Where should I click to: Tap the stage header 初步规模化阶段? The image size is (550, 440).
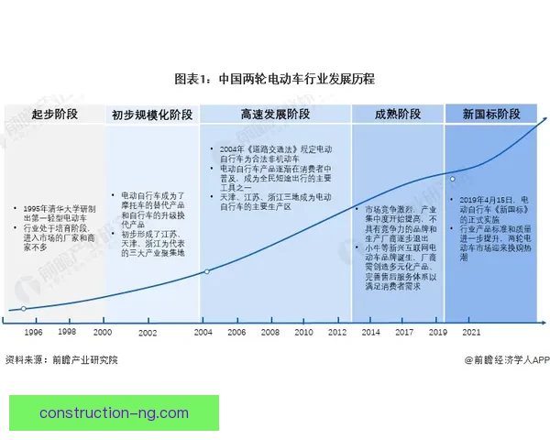[152, 115]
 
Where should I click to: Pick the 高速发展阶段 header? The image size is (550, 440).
[275, 115]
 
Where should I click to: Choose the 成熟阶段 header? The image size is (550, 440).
[398, 115]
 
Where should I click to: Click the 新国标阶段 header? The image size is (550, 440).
[490, 115]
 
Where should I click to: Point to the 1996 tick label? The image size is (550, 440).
[33, 332]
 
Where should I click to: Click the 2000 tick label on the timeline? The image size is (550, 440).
[102, 332]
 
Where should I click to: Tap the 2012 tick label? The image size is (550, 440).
[336, 332]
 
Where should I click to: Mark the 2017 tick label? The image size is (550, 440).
[404, 332]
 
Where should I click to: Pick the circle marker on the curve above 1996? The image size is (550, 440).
[24, 309]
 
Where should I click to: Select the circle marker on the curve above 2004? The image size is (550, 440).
[207, 271]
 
